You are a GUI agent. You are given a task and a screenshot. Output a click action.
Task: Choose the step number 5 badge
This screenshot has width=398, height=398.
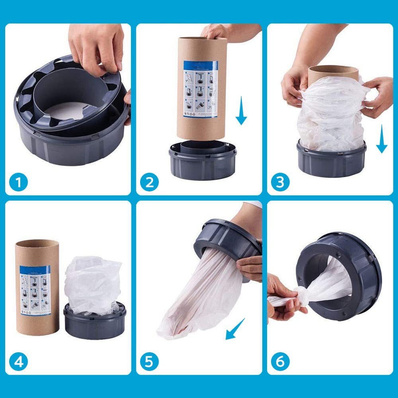[149, 362]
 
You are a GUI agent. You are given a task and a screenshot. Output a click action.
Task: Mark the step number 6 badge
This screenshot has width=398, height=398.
[280, 362]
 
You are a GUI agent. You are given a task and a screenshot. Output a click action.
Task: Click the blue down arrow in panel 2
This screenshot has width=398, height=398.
[241, 112]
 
